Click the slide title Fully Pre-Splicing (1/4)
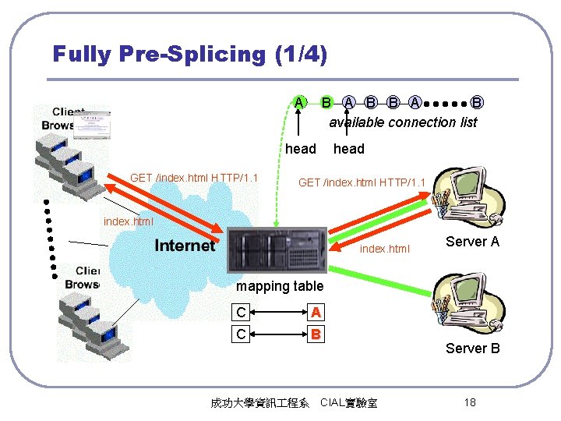click(189, 54)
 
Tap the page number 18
click(469, 402)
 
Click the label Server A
click(472, 242)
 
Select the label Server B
click(472, 348)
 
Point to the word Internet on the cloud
click(185, 246)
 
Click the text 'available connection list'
click(402, 122)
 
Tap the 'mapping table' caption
click(279, 286)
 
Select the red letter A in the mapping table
click(316, 312)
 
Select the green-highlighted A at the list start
click(299, 101)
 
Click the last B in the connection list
click(477, 102)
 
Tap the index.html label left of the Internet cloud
click(129, 221)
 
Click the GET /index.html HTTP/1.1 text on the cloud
click(194, 178)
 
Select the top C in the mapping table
click(242, 312)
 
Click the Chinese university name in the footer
click(259, 403)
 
